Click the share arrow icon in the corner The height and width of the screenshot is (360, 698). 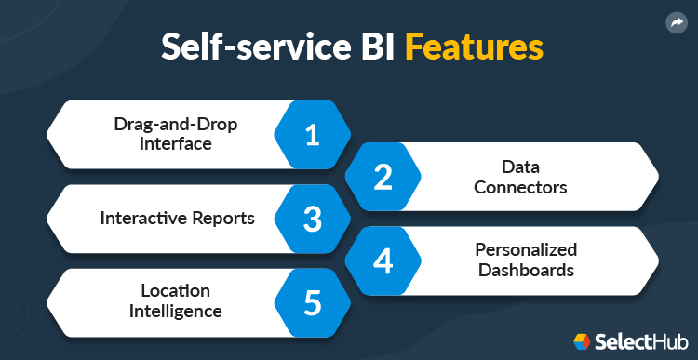(x=676, y=24)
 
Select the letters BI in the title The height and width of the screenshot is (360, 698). (x=378, y=48)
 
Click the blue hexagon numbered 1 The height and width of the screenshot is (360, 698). (x=313, y=134)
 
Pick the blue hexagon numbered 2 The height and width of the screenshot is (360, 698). (x=383, y=177)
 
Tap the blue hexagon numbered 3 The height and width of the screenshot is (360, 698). (x=313, y=219)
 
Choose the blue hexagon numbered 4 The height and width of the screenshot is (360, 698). (x=383, y=261)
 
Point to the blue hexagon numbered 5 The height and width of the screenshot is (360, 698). (x=313, y=302)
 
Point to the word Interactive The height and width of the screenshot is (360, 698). (x=142, y=219)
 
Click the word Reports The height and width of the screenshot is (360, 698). (x=222, y=219)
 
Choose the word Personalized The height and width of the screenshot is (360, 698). (x=527, y=250)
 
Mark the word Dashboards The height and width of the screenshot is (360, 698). (x=527, y=271)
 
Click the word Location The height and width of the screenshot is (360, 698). (x=176, y=291)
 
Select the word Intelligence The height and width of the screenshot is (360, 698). (x=176, y=312)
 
